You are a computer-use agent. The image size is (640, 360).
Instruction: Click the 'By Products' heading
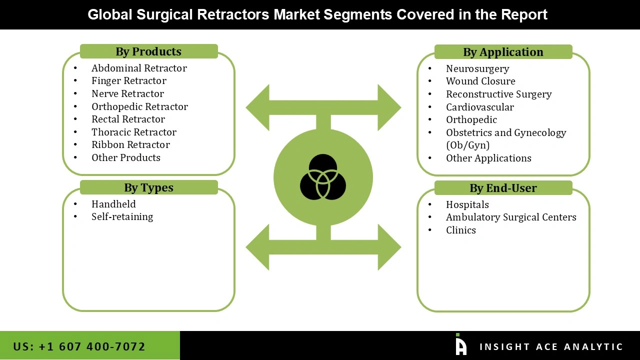148,51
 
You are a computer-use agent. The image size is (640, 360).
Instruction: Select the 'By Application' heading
503,52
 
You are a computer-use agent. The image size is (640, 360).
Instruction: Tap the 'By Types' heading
148,187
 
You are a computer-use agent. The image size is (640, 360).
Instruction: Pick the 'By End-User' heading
503,188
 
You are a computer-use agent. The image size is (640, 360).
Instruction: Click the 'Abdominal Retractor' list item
139,68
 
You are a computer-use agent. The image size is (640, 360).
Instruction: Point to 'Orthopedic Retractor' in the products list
139,106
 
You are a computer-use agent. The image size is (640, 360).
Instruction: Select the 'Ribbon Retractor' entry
130,144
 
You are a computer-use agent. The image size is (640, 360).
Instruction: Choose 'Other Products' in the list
126,157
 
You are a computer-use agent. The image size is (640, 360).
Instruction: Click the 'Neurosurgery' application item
477,68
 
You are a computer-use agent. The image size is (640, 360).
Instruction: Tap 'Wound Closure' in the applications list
480,81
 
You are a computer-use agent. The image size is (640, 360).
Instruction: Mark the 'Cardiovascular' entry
480,107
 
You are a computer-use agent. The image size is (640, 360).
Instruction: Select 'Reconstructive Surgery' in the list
499,94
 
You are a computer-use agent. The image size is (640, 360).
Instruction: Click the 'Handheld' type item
113,204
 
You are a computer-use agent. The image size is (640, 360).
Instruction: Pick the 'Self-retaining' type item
122,216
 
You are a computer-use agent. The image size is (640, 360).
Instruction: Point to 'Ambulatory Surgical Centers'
511,217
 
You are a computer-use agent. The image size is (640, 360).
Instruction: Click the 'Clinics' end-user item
461,230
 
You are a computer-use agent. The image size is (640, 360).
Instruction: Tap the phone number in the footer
79,346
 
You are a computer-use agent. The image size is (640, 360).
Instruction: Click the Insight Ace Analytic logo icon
461,344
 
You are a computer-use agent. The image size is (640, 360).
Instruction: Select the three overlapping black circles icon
323,177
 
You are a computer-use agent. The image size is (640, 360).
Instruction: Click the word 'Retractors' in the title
233,14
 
